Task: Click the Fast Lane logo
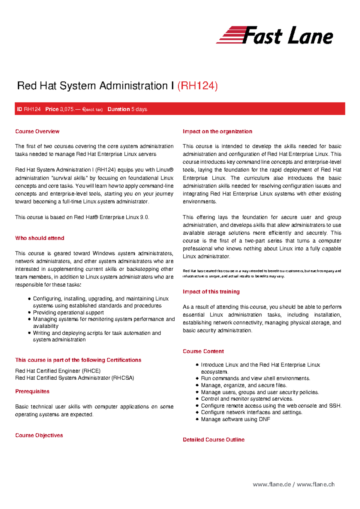[x=274, y=35]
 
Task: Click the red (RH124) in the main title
[x=197, y=86]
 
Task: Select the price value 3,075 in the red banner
[x=67, y=109]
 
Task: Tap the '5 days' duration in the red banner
[x=139, y=109]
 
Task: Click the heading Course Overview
[x=37, y=131]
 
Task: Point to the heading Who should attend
[x=40, y=238]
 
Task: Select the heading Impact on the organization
[x=217, y=131]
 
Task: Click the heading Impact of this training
[x=211, y=292]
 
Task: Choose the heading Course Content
[x=203, y=351]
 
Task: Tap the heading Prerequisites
[x=32, y=391]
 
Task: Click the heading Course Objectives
[x=39, y=435]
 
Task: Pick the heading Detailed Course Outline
[x=213, y=440]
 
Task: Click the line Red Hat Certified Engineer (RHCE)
[x=58, y=371]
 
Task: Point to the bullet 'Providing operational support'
[x=68, y=312]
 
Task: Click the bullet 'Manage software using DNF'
[x=235, y=419]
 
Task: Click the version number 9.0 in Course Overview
[x=144, y=217]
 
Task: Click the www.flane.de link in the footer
[x=272, y=484]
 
